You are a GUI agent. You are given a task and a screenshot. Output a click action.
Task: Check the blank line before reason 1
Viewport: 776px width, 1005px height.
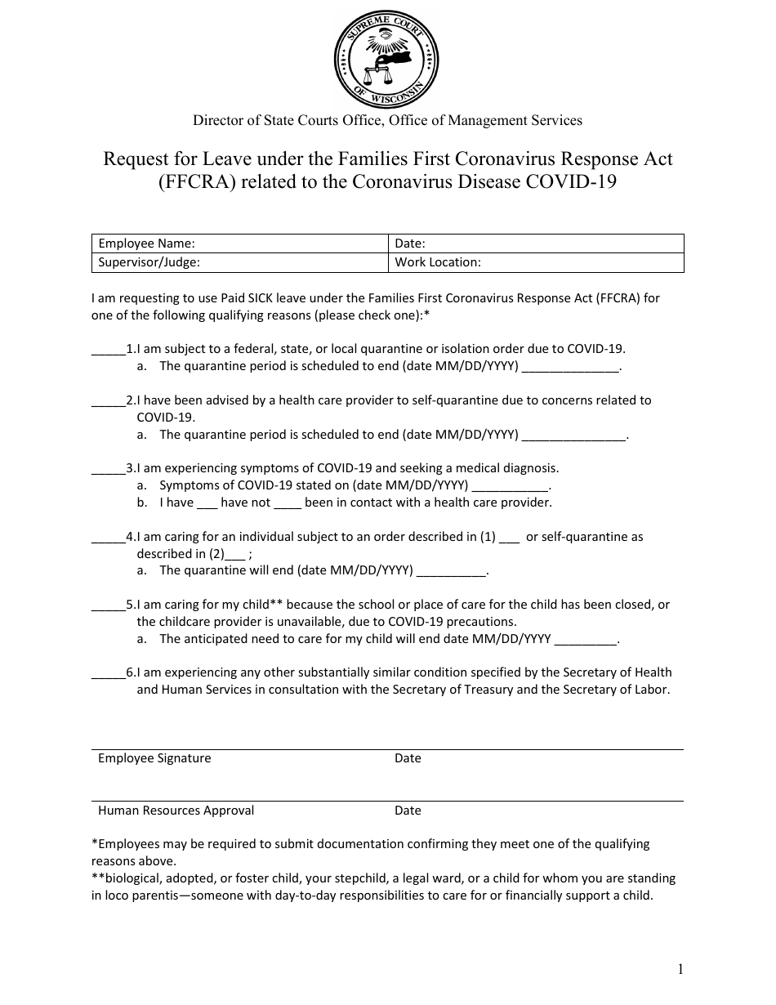click(x=108, y=350)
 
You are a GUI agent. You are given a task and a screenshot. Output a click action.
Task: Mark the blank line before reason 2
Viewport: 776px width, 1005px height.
click(x=108, y=401)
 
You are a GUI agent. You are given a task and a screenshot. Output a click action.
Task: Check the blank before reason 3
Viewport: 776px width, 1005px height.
click(x=108, y=469)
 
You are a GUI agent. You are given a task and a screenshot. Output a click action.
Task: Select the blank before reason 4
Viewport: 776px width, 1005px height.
click(x=108, y=538)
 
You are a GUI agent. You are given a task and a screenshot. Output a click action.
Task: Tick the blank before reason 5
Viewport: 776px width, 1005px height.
click(x=108, y=605)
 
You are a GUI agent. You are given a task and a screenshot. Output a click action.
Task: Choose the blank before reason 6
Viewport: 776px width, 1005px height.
click(x=108, y=673)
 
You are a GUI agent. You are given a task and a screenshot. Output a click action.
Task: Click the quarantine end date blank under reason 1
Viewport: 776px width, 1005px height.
click(x=570, y=367)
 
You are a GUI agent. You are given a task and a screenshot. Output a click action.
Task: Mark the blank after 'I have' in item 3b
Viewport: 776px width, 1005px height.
click(x=207, y=503)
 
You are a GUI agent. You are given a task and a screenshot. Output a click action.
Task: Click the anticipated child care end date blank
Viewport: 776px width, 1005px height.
click(x=586, y=640)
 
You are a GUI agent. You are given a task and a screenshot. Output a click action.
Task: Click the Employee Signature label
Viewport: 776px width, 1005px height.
click(x=154, y=758)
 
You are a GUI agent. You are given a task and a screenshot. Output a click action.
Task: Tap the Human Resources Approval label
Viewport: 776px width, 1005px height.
click(x=176, y=811)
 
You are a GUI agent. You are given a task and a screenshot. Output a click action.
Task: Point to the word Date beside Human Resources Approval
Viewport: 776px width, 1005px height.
click(x=408, y=811)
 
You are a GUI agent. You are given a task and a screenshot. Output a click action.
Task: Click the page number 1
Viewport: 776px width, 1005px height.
click(x=680, y=970)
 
